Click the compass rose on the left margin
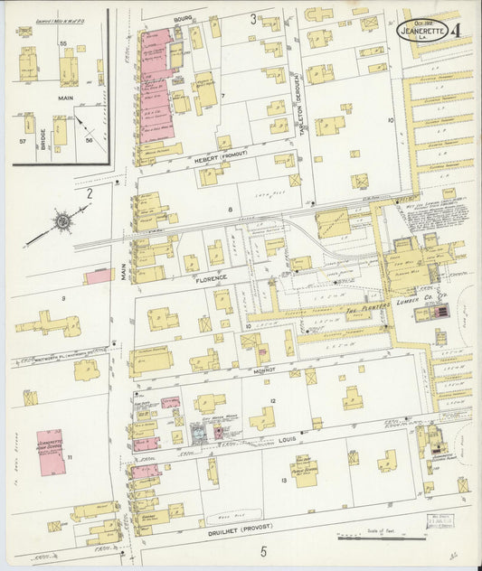click(x=62, y=220)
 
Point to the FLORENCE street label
click(x=209, y=279)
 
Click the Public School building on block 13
click(x=305, y=471)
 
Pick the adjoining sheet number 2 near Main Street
click(x=90, y=192)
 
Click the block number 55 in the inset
click(x=62, y=43)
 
